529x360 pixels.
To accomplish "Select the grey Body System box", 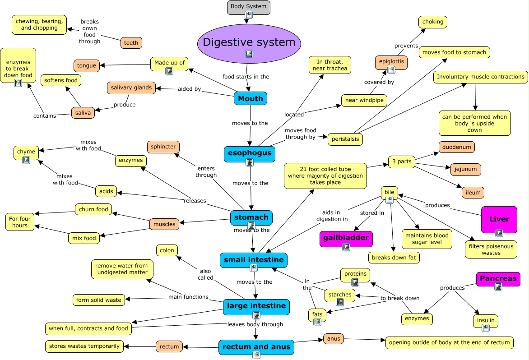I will pyautogui.click(x=248, y=7).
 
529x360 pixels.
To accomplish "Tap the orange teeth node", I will pyautogui.click(x=131, y=43).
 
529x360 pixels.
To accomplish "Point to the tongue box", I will pyautogui.click(x=87, y=65).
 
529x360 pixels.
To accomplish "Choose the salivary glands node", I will pyautogui.click(x=131, y=88).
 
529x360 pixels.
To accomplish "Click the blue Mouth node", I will pyautogui.click(x=251, y=98).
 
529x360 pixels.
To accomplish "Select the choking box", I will pyautogui.click(x=432, y=22).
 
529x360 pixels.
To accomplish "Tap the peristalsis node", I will pyautogui.click(x=345, y=139).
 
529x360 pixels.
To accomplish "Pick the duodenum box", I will pyautogui.click(x=456, y=147).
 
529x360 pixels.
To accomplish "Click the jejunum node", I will pyautogui.click(x=465, y=170).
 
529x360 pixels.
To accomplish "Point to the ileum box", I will pyautogui.click(x=473, y=193).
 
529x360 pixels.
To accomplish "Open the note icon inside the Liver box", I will pyautogui.click(x=499, y=233).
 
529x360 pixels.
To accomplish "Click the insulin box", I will pyautogui.click(x=486, y=321).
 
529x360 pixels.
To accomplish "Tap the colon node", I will pyautogui.click(x=167, y=250).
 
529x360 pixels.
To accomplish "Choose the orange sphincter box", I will pyautogui.click(x=163, y=147).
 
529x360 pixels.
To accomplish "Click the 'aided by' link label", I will pyautogui.click(x=189, y=89).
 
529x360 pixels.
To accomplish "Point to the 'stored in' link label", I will pyautogui.click(x=372, y=213).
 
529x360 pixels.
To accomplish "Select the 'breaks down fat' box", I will pyautogui.click(x=394, y=258).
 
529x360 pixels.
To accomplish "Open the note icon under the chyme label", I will pyautogui.click(x=26, y=160).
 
